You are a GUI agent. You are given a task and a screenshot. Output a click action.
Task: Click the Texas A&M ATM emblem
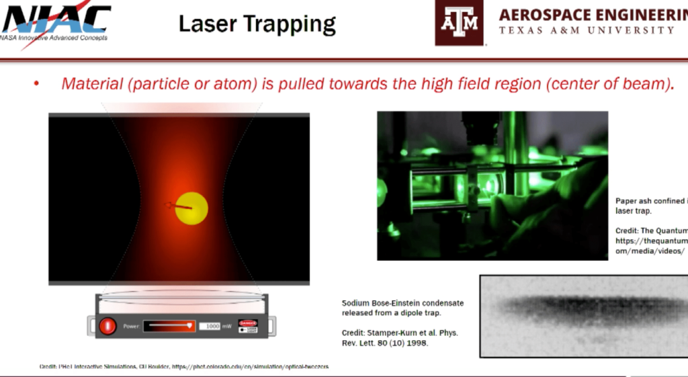pyautogui.click(x=459, y=22)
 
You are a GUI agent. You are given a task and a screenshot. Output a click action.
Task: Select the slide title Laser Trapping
pyautogui.click(x=257, y=24)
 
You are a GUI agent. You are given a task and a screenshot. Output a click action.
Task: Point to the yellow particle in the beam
pyautogui.click(x=191, y=208)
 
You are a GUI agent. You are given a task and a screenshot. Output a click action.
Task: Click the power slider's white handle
pyautogui.click(x=191, y=326)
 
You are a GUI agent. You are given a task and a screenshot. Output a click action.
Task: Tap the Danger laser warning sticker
pyautogui.click(x=248, y=326)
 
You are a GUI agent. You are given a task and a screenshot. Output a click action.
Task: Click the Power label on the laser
pyautogui.click(x=130, y=327)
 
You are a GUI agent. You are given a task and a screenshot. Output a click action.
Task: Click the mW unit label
pyautogui.click(x=227, y=326)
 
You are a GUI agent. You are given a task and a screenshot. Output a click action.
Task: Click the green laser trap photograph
pyautogui.click(x=492, y=185)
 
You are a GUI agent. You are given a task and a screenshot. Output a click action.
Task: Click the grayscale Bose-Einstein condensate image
pyautogui.click(x=583, y=315)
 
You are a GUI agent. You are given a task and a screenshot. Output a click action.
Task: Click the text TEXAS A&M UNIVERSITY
pyautogui.click(x=587, y=30)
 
